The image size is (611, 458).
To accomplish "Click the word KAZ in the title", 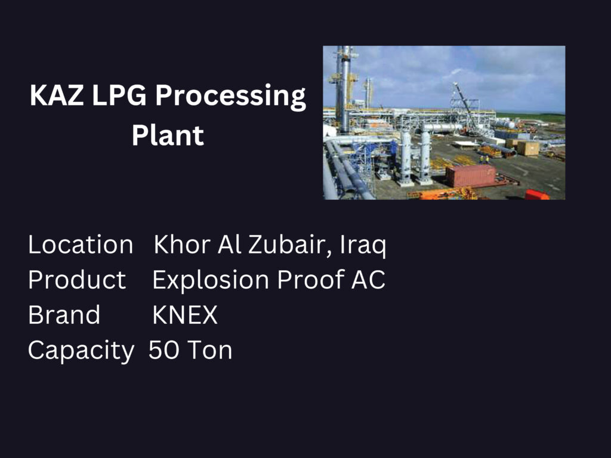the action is coord(57,95).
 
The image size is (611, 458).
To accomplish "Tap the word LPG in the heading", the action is coord(119,95).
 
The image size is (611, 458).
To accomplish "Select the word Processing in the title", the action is coord(230,97).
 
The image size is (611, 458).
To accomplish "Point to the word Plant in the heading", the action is coord(168,135).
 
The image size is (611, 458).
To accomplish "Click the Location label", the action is coord(81,245).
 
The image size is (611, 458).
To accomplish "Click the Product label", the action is coord(77,280).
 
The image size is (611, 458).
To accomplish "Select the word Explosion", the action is coord(211,280).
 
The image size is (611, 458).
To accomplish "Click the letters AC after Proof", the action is coord(368,280).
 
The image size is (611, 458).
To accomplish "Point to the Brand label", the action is coord(64,315).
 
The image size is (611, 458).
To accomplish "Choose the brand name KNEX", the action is coord(185,315).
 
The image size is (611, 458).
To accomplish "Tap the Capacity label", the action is coord(81,351).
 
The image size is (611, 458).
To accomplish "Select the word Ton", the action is coord(210,349).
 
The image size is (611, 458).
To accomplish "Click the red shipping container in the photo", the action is coord(471,176).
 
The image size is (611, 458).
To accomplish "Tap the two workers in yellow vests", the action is coord(483,159).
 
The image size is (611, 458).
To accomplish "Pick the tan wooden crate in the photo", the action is coord(528,148).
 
